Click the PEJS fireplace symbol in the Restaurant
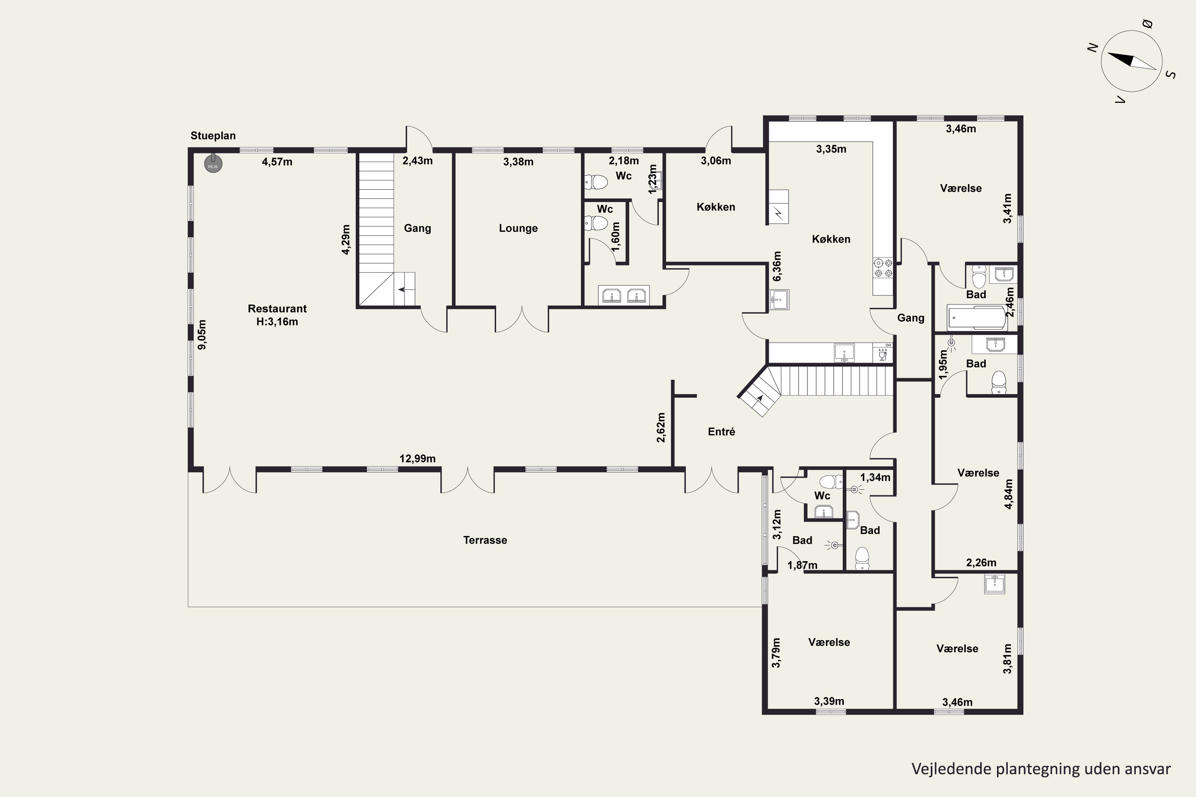click(x=213, y=164)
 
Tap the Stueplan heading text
click(x=213, y=136)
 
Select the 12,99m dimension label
click(x=417, y=459)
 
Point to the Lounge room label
click(x=518, y=228)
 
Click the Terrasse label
click(x=485, y=540)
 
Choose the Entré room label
click(x=722, y=432)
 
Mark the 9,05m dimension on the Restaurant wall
click(x=202, y=334)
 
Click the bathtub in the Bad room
click(x=977, y=318)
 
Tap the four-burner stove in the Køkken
click(x=883, y=268)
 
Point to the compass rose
click(x=1131, y=61)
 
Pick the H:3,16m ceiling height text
click(x=277, y=322)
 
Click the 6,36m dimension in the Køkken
click(x=777, y=266)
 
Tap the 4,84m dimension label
click(x=1009, y=494)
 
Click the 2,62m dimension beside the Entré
click(x=661, y=428)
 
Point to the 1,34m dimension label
click(x=875, y=477)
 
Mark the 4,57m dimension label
click(x=277, y=162)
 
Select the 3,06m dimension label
click(x=716, y=161)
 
